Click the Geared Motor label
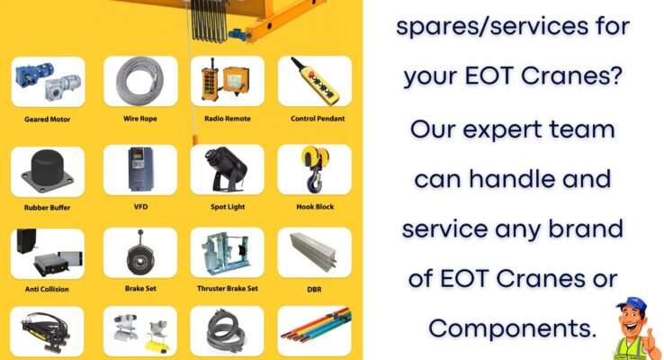tap(48, 120)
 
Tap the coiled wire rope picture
tap(139, 81)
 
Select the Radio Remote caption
tap(228, 119)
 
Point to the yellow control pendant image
tap(315, 81)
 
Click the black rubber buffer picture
tap(48, 172)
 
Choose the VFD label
tap(140, 207)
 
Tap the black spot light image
tap(227, 169)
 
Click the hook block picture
tap(315, 169)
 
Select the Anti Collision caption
tap(47, 289)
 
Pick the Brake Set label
tap(140, 288)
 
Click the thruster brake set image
tap(228, 253)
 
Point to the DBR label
tap(314, 289)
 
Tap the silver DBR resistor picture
tap(313, 251)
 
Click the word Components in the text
tap(512, 328)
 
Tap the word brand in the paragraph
tap(586, 229)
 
